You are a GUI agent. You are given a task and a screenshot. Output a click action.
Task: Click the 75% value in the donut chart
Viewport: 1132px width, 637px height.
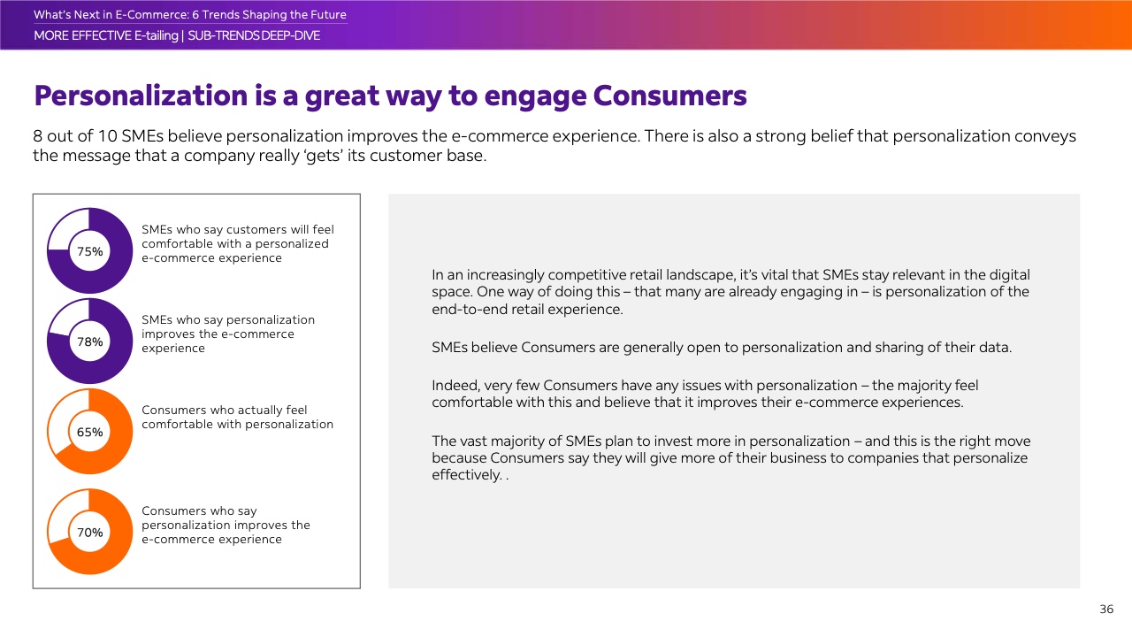click(90, 251)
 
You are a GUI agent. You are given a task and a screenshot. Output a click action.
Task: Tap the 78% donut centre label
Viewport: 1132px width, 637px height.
click(90, 342)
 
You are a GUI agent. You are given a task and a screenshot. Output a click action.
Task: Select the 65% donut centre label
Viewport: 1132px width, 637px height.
click(90, 433)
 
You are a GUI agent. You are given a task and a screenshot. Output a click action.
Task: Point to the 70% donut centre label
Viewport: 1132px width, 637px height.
click(90, 533)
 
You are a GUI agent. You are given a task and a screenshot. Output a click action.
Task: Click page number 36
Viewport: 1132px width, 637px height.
click(1106, 610)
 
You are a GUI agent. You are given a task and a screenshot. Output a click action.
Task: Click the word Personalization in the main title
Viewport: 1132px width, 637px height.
click(141, 96)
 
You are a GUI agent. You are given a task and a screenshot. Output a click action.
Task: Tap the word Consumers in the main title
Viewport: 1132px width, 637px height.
click(669, 96)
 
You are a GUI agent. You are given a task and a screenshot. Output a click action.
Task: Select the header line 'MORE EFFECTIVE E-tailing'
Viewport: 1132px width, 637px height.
click(105, 36)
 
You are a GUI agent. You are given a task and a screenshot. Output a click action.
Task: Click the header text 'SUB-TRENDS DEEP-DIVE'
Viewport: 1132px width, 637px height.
click(254, 36)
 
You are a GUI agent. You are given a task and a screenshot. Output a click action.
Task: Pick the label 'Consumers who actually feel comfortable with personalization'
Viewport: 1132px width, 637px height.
click(238, 417)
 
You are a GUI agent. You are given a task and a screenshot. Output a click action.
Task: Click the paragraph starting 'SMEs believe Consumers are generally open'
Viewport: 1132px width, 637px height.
click(722, 348)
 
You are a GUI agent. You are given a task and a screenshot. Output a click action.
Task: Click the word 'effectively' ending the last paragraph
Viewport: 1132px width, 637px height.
click(466, 475)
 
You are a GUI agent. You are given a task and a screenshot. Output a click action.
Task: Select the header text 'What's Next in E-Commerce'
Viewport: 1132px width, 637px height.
click(111, 15)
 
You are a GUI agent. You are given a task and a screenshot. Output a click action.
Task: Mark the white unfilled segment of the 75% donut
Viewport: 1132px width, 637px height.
click(69, 228)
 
